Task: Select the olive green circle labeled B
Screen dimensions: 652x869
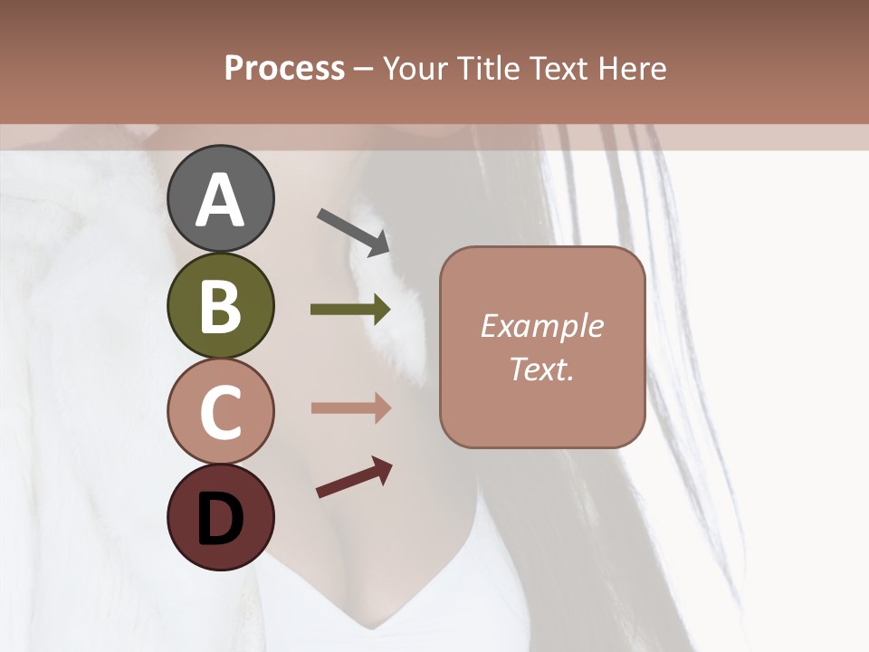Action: coord(220,305)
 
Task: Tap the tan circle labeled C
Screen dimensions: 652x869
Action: coord(220,412)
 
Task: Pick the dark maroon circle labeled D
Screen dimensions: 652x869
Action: coord(220,518)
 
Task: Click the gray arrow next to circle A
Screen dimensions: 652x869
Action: coord(353,231)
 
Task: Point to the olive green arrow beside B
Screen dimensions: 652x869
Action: coord(350,310)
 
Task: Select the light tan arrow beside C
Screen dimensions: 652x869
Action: coord(350,408)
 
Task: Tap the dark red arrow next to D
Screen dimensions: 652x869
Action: coord(354,477)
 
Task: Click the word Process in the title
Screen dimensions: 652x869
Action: coord(284,69)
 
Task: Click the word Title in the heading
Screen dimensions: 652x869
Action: coord(486,69)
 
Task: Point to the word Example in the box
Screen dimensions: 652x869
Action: coord(541,326)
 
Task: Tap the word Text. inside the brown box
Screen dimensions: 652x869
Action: coord(541,369)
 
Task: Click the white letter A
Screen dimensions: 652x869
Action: coord(220,201)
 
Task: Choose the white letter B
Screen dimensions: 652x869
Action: coord(220,305)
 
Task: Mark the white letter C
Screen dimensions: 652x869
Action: coord(220,412)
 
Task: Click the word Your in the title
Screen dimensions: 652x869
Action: coord(414,69)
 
